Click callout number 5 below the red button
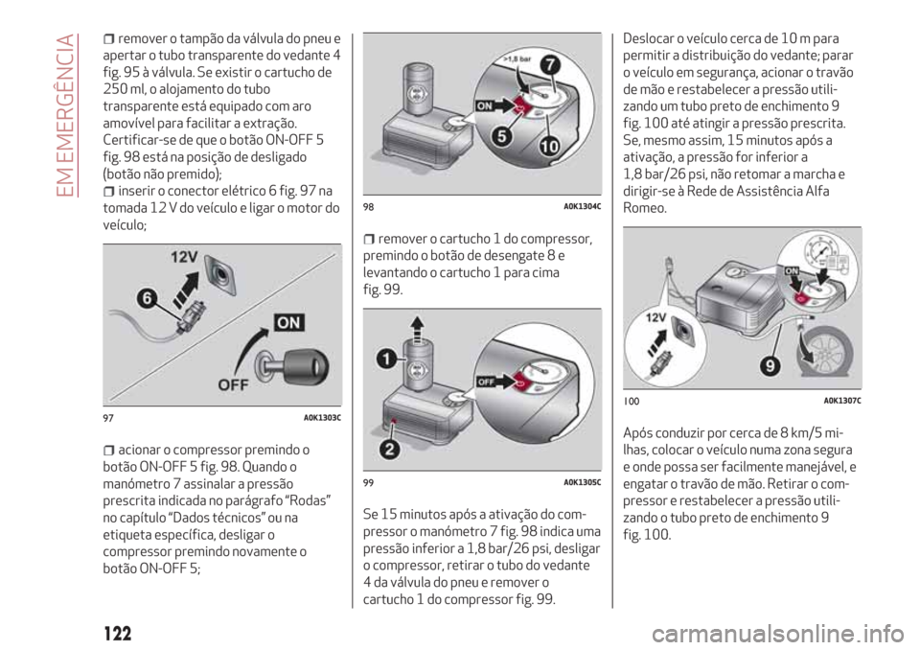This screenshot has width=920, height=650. (499, 138)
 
